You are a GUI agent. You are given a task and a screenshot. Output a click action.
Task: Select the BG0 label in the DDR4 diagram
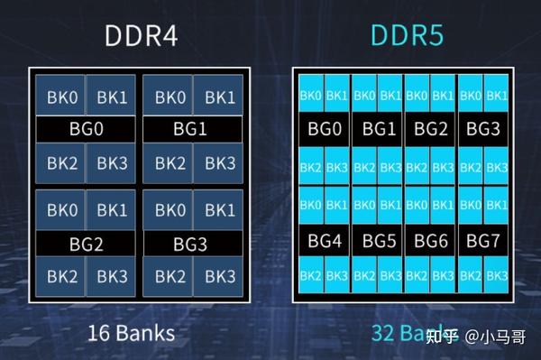[87, 129]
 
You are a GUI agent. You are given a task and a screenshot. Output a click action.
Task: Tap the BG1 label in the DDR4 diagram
[190, 129]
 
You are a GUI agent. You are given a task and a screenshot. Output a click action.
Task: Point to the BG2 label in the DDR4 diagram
[87, 243]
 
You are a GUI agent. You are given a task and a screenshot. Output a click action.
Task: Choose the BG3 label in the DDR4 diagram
[190, 243]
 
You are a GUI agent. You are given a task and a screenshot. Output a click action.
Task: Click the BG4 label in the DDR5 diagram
[324, 241]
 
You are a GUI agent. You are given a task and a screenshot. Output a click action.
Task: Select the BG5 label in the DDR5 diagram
[379, 241]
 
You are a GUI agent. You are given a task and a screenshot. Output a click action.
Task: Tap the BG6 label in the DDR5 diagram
[431, 241]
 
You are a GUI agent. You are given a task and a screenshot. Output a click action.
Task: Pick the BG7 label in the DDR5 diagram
[483, 241]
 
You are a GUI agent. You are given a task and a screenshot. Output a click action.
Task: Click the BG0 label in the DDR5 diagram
[324, 129]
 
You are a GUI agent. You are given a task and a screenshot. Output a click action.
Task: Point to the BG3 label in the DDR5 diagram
[483, 129]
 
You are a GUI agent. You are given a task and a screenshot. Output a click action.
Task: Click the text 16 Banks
[132, 333]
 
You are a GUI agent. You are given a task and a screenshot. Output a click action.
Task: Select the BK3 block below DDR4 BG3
[216, 275]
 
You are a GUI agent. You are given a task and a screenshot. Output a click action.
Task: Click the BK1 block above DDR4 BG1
[216, 97]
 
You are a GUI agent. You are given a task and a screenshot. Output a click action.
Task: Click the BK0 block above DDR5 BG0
[311, 95]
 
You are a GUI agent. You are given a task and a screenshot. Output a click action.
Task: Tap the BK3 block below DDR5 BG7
[496, 274]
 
